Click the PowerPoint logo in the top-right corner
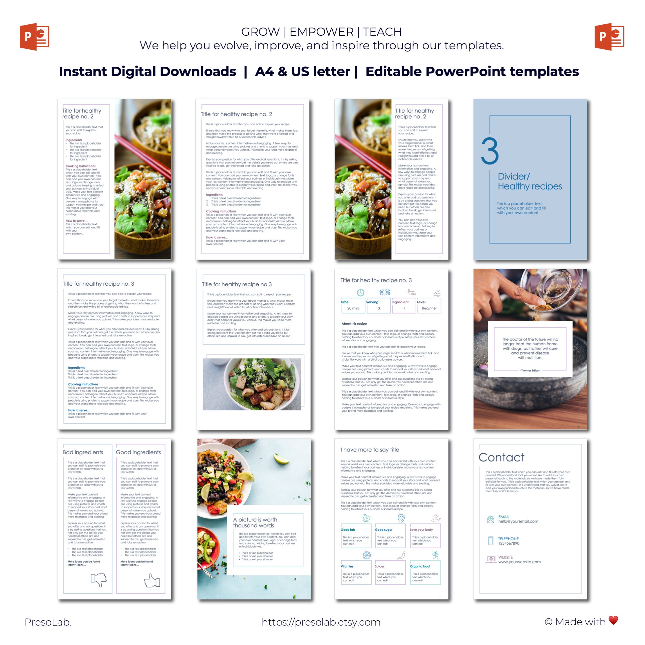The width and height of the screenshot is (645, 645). pos(609,37)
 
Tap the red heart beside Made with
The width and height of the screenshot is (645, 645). pos(613,620)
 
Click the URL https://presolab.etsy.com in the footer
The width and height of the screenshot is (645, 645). pos(321,622)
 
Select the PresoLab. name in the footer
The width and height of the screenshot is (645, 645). pos(48,622)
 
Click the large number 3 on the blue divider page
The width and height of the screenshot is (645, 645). pos(490,151)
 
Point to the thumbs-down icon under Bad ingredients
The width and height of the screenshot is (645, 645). pos(98,580)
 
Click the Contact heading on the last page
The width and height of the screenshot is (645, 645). pos(501,457)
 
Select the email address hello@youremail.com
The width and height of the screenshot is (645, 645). pos(518,521)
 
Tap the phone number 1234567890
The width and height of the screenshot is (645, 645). pos(509,543)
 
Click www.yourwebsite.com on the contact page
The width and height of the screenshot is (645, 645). pos(520,562)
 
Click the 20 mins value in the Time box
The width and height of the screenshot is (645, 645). pos(353,309)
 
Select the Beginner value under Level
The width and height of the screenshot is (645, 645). pos(429,309)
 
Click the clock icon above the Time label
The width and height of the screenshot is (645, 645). pos(360,293)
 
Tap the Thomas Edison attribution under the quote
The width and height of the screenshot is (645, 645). pos(530,371)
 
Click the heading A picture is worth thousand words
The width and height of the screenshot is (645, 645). pos(255,523)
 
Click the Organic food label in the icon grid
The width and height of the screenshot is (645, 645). pos(420,567)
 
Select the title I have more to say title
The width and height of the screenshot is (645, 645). pos(370,450)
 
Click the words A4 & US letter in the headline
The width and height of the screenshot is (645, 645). pos(302,71)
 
